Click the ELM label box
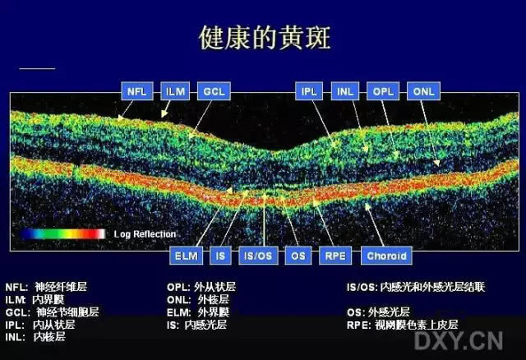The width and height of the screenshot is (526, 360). (185, 256)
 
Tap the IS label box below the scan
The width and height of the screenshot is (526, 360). (219, 256)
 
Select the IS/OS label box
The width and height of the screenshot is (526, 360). (256, 256)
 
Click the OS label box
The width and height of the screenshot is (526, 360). (297, 256)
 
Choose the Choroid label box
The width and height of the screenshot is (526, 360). (386, 256)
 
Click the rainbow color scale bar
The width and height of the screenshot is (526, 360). (64, 233)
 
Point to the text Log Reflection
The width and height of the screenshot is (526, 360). (145, 233)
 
